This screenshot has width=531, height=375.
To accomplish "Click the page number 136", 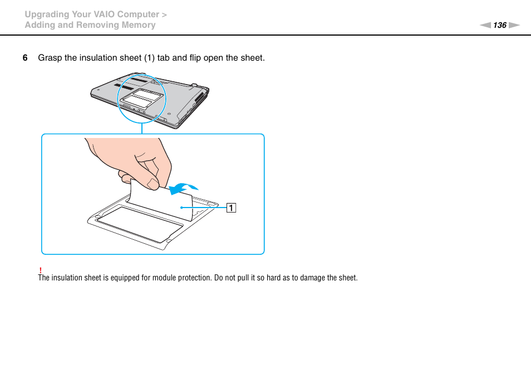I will (500, 25).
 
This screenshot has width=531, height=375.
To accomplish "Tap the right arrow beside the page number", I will (514, 25).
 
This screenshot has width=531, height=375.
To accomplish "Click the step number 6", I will (24, 58).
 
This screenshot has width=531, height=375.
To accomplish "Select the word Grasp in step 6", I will (50, 58).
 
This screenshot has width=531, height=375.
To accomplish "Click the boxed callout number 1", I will (230, 208).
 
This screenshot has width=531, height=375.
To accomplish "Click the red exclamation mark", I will (40, 270).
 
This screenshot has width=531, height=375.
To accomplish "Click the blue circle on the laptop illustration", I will (141, 97).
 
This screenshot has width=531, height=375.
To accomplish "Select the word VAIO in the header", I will (110, 14).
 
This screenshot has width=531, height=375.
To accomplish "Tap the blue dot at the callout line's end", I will (181, 208).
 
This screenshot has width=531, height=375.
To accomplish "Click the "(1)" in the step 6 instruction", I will (149, 58).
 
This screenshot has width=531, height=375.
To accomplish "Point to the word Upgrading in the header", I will (47, 14).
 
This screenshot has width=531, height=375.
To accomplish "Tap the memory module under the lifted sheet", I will (139, 221).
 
